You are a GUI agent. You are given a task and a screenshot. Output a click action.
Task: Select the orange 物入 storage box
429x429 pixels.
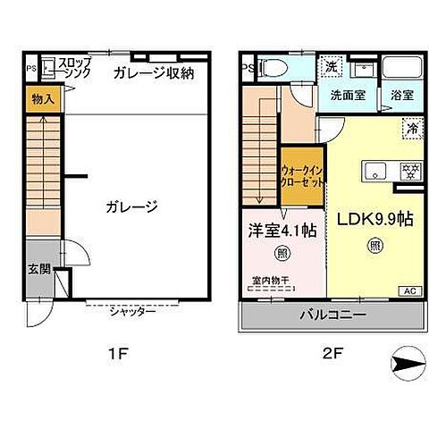(x=42, y=99)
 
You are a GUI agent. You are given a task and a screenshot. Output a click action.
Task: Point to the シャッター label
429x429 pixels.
(x=133, y=311)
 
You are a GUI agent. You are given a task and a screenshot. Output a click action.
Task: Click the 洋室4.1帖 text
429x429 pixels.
(x=282, y=230)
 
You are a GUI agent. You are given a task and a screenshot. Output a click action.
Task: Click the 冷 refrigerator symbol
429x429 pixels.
(x=413, y=127)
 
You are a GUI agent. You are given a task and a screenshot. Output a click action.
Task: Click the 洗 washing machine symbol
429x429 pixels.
(x=332, y=68)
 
